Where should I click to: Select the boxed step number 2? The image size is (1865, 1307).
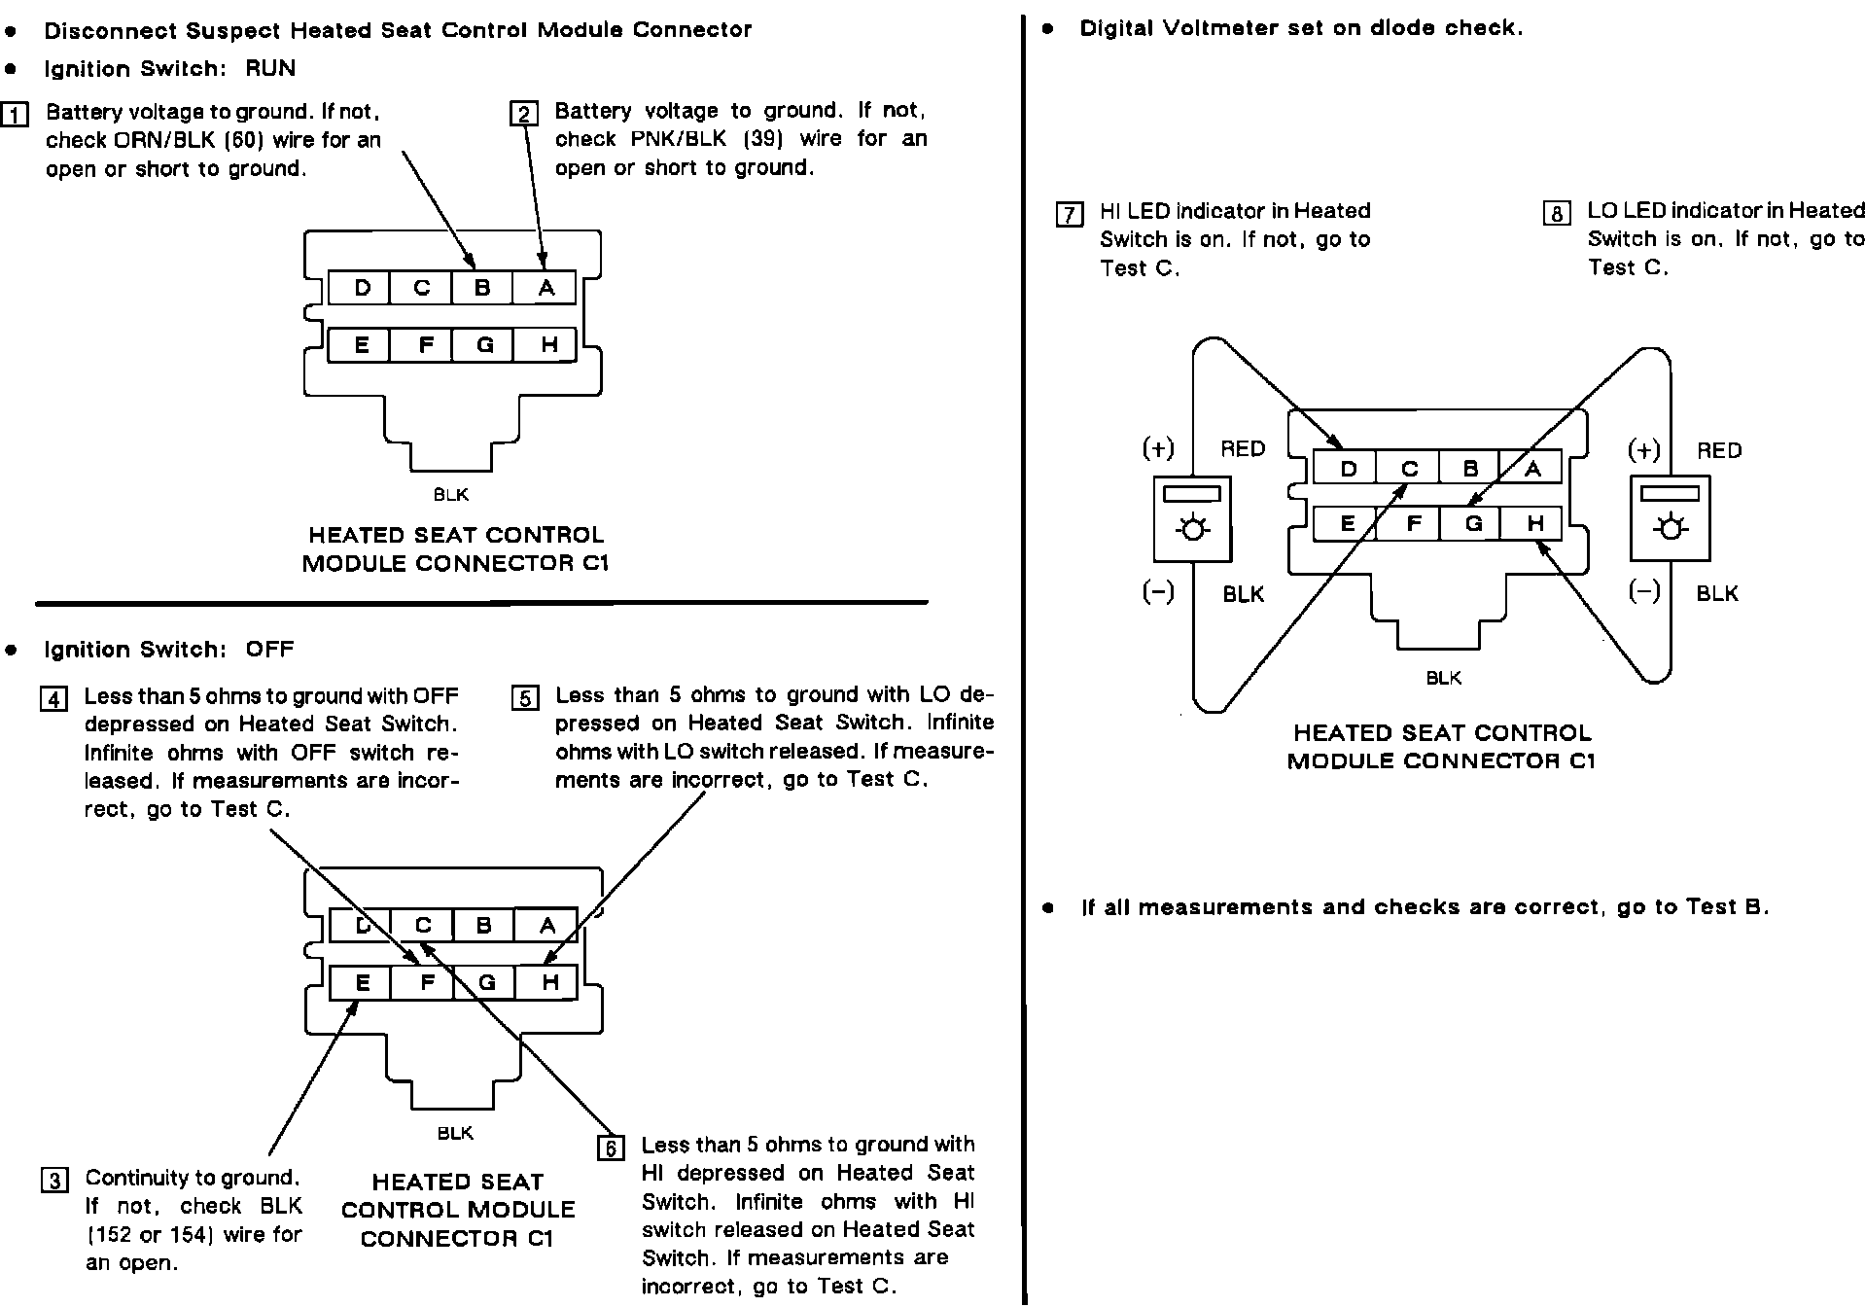524,114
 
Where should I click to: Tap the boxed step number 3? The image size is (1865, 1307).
54,1181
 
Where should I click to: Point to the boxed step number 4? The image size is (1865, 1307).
53,699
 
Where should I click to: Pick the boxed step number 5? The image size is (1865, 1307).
525,698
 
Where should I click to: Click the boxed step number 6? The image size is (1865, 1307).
611,1148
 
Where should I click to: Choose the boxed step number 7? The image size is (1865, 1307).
1070,214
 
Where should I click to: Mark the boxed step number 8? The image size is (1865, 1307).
1557,213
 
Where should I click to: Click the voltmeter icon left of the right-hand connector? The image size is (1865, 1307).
1192,518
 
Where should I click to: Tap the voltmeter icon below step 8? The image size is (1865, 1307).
1670,518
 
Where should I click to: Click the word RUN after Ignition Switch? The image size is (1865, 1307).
270,69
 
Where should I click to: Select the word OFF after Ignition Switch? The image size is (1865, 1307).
269,650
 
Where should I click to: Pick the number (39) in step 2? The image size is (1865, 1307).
763,139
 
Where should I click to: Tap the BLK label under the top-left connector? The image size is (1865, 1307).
451,495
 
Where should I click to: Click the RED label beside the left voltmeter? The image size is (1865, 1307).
1243,449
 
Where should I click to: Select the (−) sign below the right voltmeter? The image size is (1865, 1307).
1644,591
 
